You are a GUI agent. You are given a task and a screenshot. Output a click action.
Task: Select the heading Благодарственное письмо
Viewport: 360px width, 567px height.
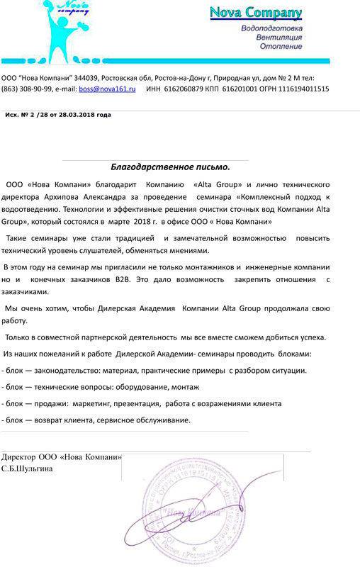click(x=170, y=167)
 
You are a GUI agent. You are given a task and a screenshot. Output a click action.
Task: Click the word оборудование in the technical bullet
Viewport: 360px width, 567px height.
click(x=137, y=387)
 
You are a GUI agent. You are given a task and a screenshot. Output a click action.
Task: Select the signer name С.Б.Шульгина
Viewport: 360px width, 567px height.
click(x=26, y=468)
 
